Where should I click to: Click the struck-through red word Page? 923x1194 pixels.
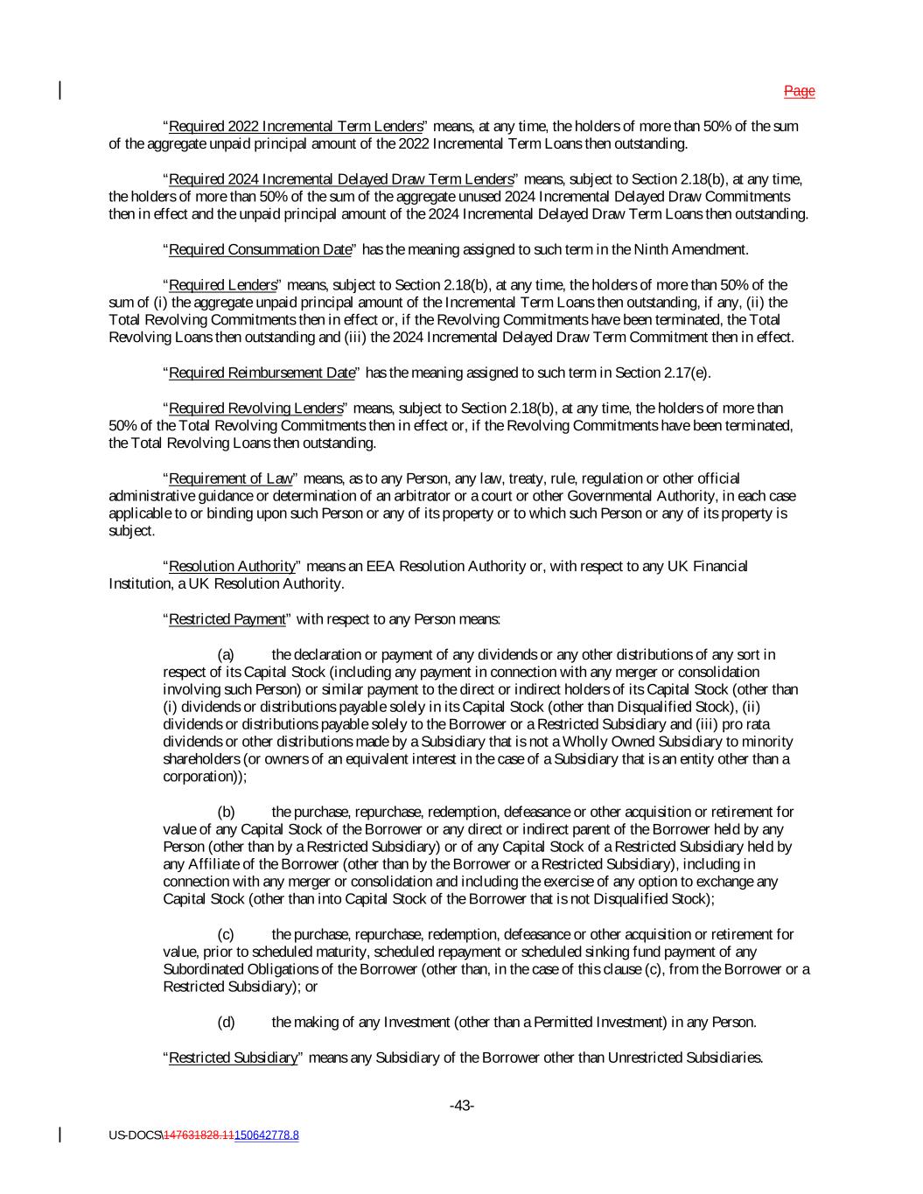(799, 91)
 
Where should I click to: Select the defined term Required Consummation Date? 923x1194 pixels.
(260, 249)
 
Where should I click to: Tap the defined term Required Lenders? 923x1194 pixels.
(222, 284)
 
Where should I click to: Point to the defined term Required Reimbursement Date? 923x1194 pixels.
(262, 373)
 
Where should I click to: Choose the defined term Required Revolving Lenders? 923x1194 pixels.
(255, 408)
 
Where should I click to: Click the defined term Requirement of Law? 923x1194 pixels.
(230, 478)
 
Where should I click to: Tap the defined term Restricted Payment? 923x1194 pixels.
(227, 619)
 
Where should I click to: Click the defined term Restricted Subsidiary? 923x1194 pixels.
(233, 1058)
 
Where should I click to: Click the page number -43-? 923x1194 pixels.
(462, 1106)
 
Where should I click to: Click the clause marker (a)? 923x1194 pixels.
(226, 654)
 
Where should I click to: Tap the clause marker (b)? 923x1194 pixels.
(226, 812)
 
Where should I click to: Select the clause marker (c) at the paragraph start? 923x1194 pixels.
(226, 934)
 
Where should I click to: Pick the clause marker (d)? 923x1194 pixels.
(226, 1022)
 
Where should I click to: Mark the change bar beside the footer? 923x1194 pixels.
(60, 1135)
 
